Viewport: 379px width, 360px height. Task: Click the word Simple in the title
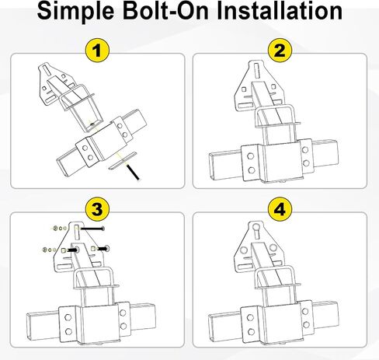pyautogui.click(x=75, y=12)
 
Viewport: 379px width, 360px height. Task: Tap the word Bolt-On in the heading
pyautogui.click(x=165, y=11)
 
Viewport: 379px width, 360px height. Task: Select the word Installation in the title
pyautogui.click(x=280, y=11)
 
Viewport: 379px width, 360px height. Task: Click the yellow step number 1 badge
pyautogui.click(x=97, y=51)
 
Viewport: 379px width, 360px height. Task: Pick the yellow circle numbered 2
pyautogui.click(x=280, y=51)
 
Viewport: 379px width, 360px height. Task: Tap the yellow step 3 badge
pyautogui.click(x=97, y=209)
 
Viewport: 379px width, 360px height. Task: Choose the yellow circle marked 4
pyautogui.click(x=280, y=209)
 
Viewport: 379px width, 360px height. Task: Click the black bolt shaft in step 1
pyautogui.click(x=133, y=172)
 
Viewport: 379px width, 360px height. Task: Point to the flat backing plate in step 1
pyautogui.click(x=122, y=161)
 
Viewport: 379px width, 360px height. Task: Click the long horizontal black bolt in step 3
pyautogui.click(x=92, y=229)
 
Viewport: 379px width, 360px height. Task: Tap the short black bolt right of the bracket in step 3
pyautogui.click(x=103, y=249)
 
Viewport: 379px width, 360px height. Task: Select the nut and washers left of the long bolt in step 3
pyautogui.click(x=59, y=229)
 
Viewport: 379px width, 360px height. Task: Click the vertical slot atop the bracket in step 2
pyautogui.click(x=256, y=72)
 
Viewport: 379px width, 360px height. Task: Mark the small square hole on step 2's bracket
pyautogui.click(x=244, y=89)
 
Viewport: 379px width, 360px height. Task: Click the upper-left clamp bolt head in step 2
pyautogui.click(x=250, y=156)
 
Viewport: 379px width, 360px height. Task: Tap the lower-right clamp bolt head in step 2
pyautogui.click(x=306, y=163)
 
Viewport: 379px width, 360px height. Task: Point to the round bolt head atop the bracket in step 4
pyautogui.click(x=256, y=226)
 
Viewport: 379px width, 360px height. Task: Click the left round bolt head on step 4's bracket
pyautogui.click(x=244, y=250)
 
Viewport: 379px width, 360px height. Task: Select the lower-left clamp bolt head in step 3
pyautogui.click(x=68, y=331)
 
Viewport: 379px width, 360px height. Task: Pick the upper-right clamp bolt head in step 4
pyautogui.click(x=305, y=311)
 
